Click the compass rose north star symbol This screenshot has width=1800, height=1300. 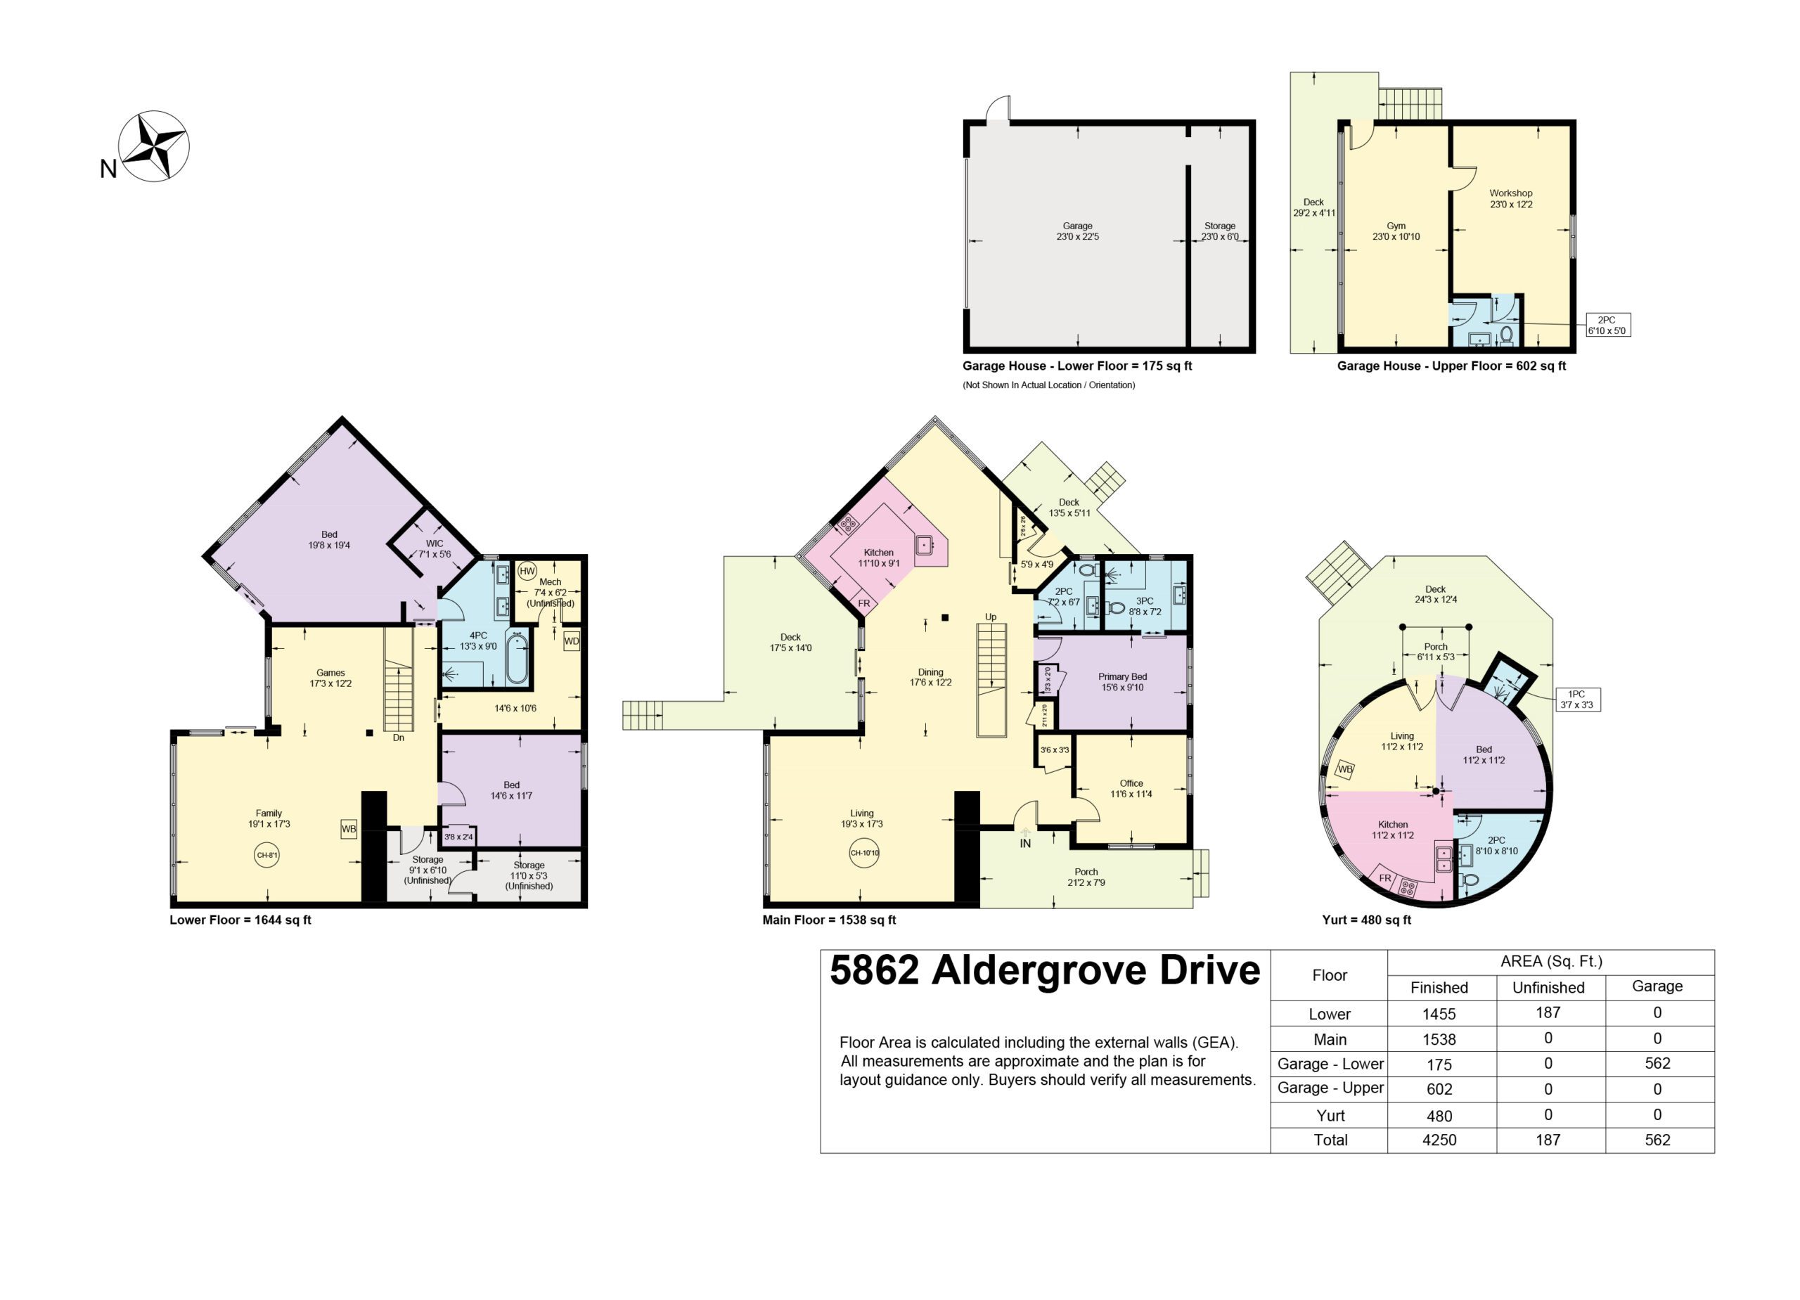154,146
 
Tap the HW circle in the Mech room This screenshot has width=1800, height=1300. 527,572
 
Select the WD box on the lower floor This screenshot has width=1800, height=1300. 572,641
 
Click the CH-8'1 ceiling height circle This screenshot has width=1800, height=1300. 266,856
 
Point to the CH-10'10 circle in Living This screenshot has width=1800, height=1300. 864,853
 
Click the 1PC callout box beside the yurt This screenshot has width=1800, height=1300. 1576,699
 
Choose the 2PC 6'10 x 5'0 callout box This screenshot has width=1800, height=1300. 1607,326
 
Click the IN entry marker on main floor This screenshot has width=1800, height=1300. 1025,843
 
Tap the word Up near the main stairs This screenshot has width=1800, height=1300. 991,617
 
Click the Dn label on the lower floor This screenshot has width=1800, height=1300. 399,738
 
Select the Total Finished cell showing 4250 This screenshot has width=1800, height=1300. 1439,1140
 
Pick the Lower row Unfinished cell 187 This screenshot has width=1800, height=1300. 1548,1012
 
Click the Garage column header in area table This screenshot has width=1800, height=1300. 1657,986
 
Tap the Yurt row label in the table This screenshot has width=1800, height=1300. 1330,1115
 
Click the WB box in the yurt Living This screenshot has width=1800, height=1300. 1344,769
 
